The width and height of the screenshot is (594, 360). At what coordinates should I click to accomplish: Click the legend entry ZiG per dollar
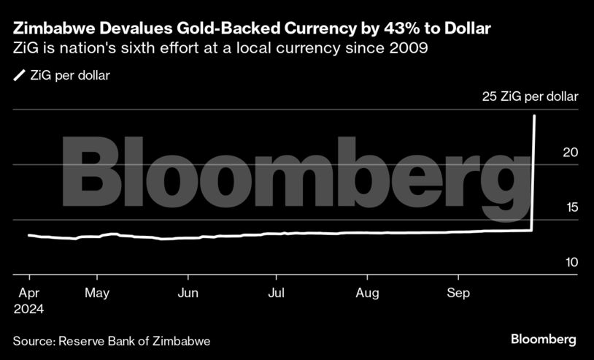click(69, 75)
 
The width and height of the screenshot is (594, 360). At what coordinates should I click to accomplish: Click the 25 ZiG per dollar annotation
click(530, 96)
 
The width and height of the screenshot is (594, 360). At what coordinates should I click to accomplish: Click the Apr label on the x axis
click(28, 294)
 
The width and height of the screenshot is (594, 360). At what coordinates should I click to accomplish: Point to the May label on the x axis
click(97, 294)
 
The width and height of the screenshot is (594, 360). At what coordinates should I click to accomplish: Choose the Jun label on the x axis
click(188, 294)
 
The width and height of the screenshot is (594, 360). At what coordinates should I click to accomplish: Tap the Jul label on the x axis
click(276, 294)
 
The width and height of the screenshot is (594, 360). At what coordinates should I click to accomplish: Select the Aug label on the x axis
click(367, 294)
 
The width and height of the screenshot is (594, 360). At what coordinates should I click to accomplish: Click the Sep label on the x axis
click(458, 294)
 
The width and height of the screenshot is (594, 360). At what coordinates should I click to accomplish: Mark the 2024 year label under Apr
click(28, 310)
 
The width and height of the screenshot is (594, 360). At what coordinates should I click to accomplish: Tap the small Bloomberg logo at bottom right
click(544, 340)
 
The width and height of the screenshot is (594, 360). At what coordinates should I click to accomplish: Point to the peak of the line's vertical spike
click(536, 115)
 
